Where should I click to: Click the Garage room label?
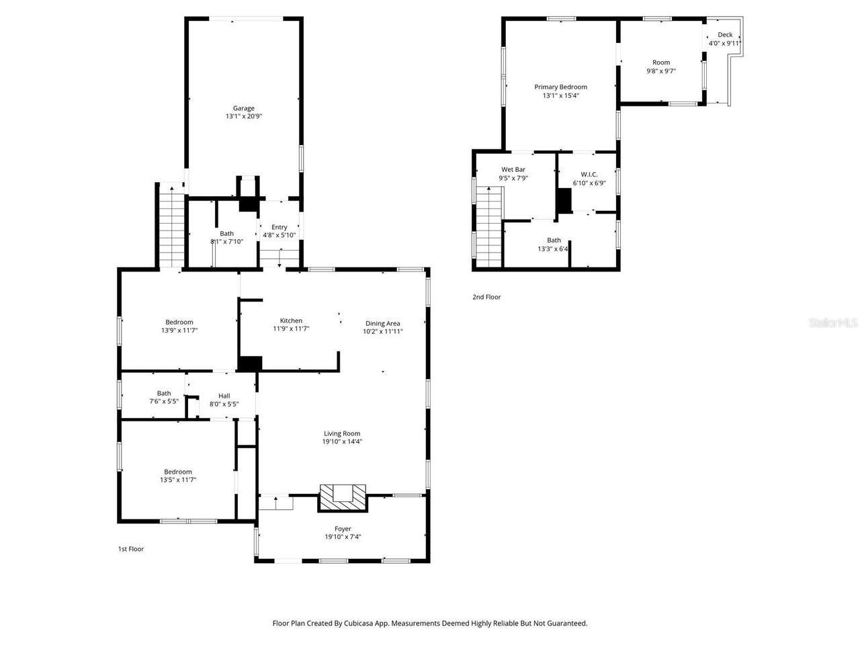[243, 108]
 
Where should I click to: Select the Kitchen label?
[291, 320]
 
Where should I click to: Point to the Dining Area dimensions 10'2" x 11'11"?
[382, 331]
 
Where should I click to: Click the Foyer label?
[343, 529]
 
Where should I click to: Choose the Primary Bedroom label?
[560, 87]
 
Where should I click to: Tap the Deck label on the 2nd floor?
[725, 35]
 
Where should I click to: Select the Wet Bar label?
[513, 169]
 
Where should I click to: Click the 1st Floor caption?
[131, 549]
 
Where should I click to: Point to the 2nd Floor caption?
[486, 297]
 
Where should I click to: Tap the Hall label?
[224, 396]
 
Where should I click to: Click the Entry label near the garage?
[279, 227]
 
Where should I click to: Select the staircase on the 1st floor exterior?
[171, 228]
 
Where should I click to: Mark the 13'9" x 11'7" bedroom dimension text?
[179, 331]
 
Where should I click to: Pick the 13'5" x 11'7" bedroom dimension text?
[178, 480]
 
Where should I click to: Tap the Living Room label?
[342, 433]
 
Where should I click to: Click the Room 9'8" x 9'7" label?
[661, 62]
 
